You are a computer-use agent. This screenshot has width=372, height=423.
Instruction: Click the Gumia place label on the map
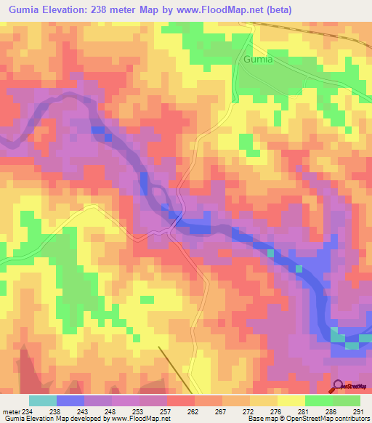point(258,60)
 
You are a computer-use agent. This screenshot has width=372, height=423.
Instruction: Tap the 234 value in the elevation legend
point(27,411)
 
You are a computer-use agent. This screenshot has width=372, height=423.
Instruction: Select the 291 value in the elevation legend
point(357,411)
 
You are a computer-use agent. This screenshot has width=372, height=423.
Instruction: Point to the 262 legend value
point(193,411)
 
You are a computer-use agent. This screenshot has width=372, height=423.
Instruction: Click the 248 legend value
point(110,411)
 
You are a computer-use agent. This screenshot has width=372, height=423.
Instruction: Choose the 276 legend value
point(275,411)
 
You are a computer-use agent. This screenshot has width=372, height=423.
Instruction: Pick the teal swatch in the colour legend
point(43,400)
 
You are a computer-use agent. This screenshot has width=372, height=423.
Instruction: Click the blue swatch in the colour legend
point(70,400)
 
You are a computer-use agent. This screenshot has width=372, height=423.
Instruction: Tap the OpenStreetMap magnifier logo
point(338,385)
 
